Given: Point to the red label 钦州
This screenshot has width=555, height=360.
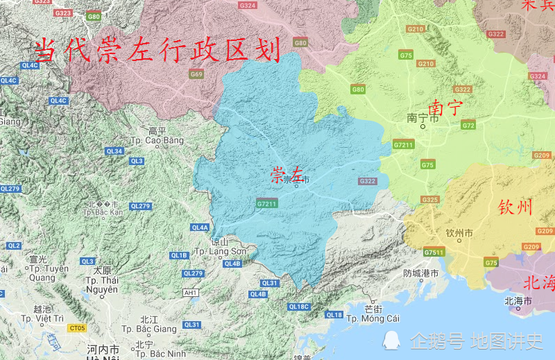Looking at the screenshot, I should click(x=515, y=207).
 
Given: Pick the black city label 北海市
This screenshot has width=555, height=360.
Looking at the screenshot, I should click(x=518, y=301).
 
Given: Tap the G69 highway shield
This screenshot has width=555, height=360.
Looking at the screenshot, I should click(x=196, y=75).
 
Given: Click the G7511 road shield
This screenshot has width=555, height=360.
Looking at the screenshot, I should click(x=434, y=252).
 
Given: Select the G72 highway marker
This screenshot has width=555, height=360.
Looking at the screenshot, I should click(x=468, y=126).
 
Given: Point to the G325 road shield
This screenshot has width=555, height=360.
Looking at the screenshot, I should click(x=430, y=200).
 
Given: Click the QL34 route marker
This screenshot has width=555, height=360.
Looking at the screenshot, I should click(x=114, y=151).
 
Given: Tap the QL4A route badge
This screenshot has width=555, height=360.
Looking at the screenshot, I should click(x=200, y=228).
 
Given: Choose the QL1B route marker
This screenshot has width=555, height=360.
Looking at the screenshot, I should click(x=179, y=255).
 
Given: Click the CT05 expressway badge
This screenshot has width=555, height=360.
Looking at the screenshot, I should click(x=77, y=327).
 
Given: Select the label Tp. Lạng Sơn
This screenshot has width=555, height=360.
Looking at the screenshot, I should click(x=220, y=251).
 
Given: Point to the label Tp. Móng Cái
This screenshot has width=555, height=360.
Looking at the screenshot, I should click(x=373, y=318).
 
